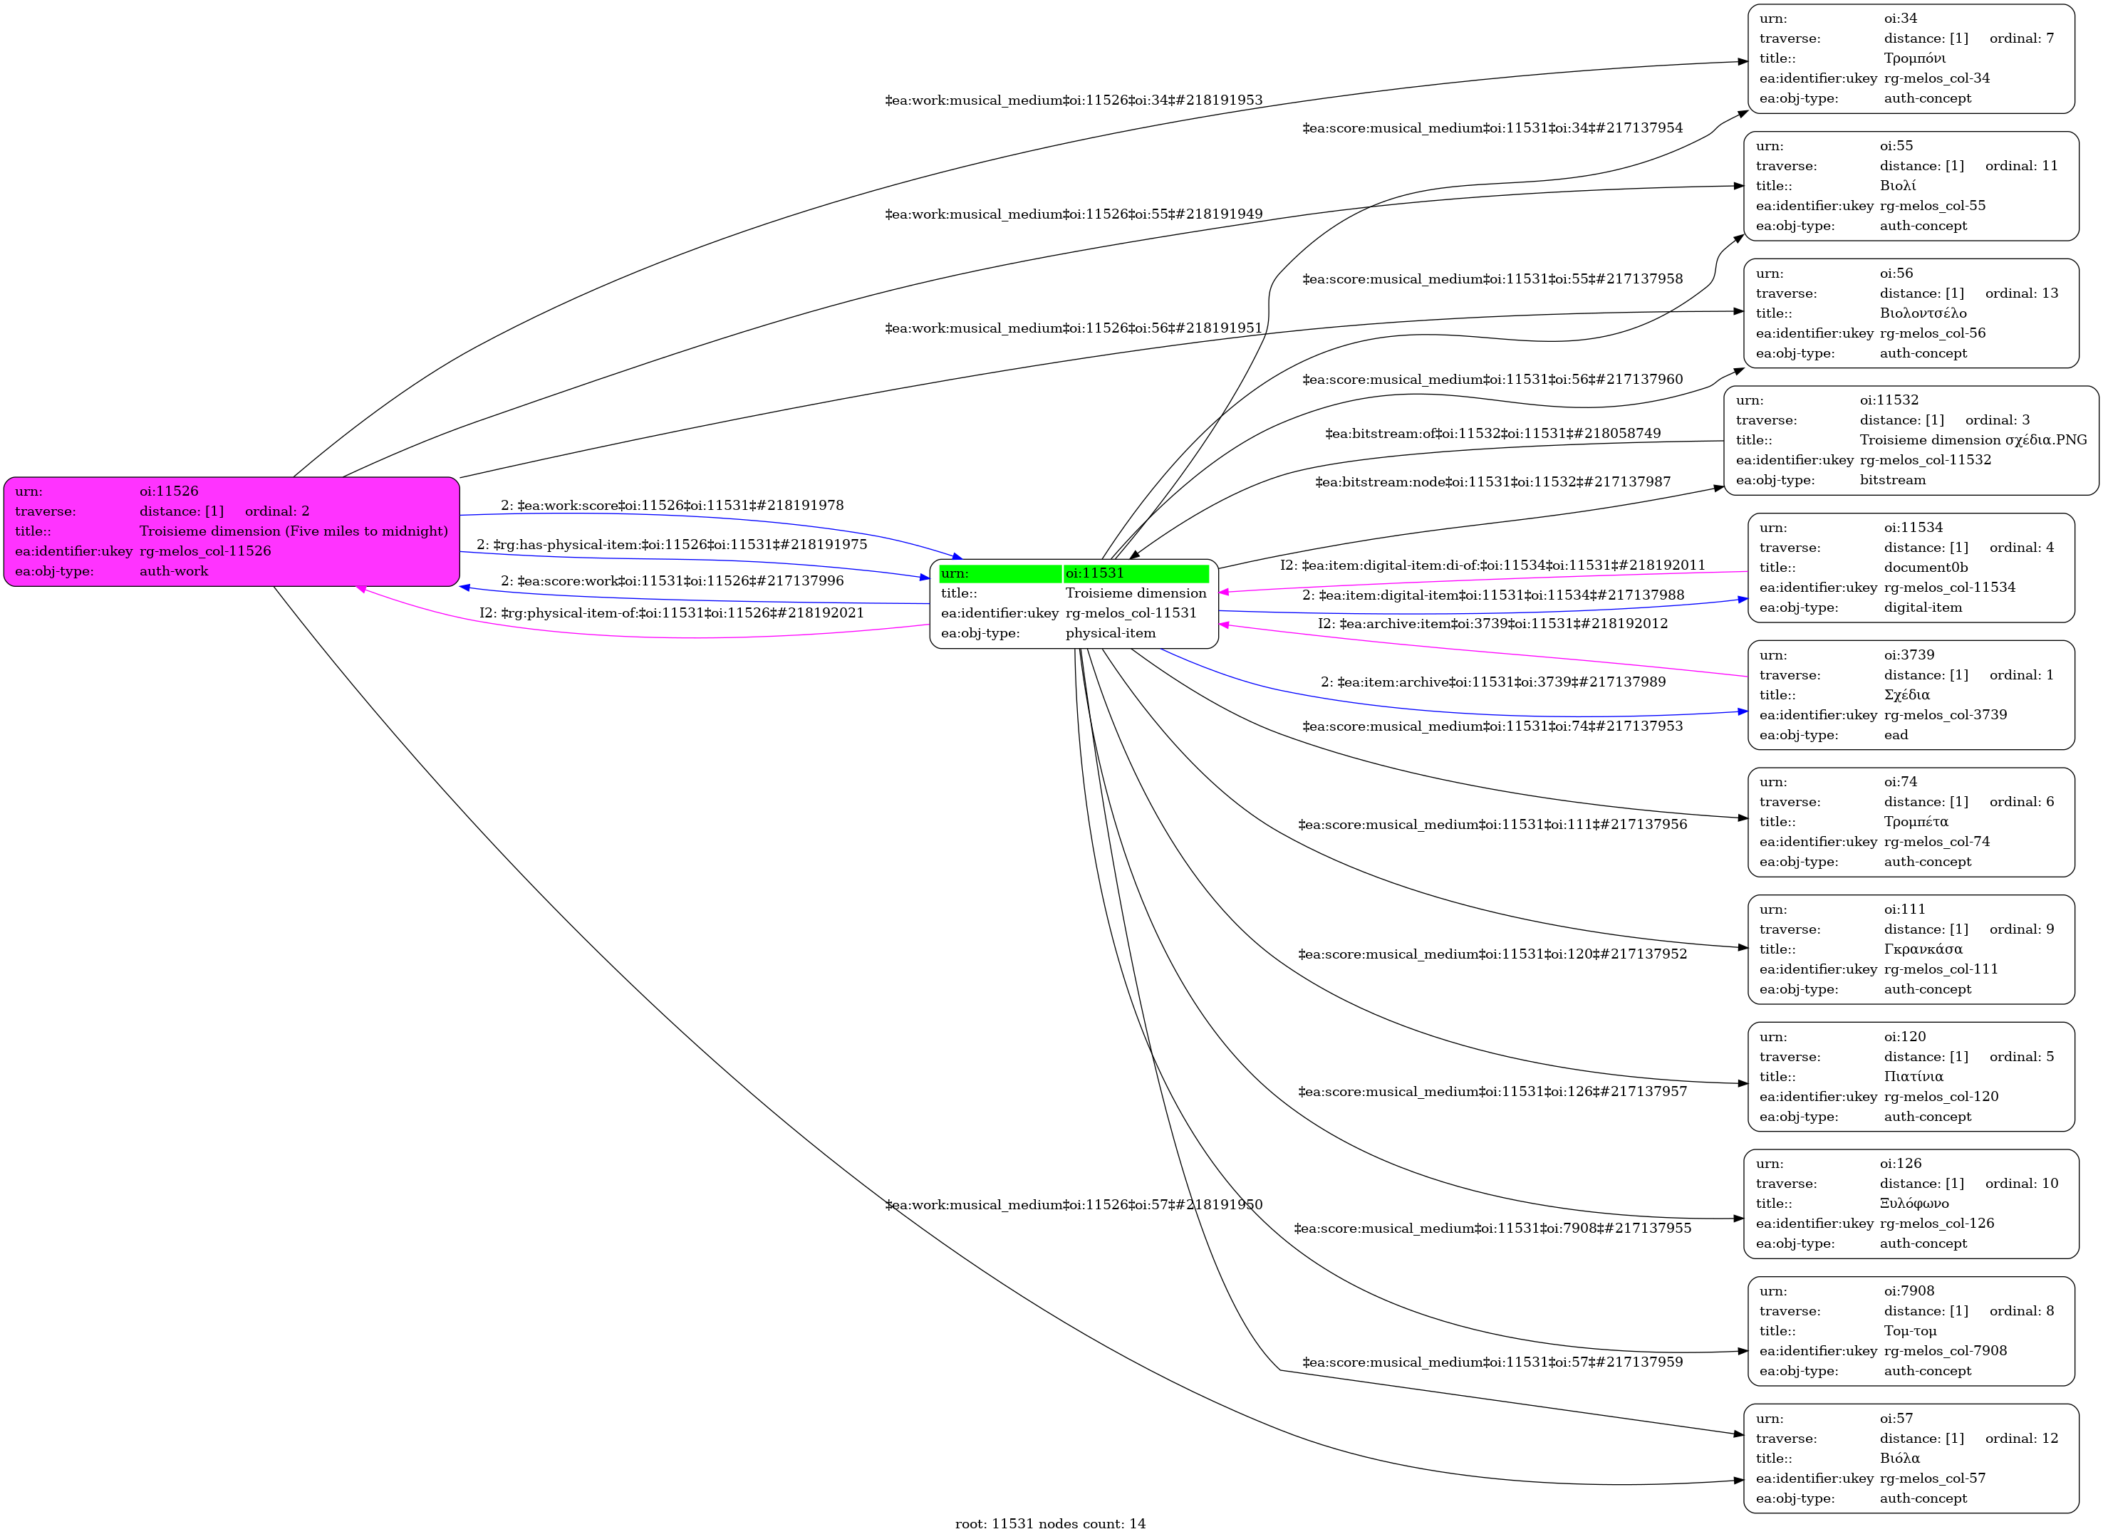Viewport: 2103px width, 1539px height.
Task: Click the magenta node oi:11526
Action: (231, 531)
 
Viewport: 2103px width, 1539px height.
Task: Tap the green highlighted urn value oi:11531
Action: (1095, 573)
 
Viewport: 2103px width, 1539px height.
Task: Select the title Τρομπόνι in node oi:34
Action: (1914, 58)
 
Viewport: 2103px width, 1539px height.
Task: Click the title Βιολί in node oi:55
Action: (1897, 185)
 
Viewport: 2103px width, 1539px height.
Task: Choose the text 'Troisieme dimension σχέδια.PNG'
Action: (1973, 439)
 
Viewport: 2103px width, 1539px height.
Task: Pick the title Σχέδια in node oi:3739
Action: (1906, 695)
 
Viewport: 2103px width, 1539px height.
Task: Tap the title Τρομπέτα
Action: (1916, 822)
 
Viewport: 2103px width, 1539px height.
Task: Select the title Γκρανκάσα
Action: (1922, 949)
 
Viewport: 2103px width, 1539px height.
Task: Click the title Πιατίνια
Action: (1913, 1077)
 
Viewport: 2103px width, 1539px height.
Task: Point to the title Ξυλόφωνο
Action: (1914, 1204)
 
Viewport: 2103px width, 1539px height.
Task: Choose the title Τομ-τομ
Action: (1909, 1331)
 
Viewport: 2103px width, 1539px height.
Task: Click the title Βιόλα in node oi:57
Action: (1899, 1458)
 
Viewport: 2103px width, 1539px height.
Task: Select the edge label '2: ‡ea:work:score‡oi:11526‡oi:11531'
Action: (672, 506)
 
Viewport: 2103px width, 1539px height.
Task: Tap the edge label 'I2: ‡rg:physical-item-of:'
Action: (671, 613)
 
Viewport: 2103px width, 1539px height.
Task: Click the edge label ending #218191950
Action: (1074, 1204)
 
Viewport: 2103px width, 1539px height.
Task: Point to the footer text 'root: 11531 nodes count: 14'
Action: (1050, 1524)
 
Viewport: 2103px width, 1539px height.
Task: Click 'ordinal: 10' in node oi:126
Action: (2021, 1183)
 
